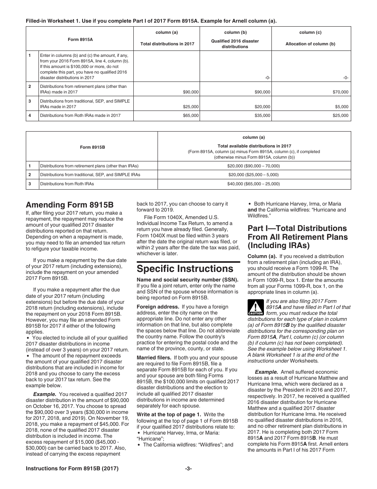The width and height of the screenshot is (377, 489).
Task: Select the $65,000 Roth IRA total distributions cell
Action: (x=191, y=116)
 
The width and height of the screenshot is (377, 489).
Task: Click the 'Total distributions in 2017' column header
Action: (x=167, y=44)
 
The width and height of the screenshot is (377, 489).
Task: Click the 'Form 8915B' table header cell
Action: (x=92, y=147)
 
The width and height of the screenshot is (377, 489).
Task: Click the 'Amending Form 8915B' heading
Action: (x=69, y=205)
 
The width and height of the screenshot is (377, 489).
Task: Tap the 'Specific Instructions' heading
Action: (x=185, y=268)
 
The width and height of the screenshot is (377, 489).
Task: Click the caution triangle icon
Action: (x=256, y=307)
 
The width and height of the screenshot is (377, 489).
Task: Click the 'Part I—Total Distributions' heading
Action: (x=297, y=228)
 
